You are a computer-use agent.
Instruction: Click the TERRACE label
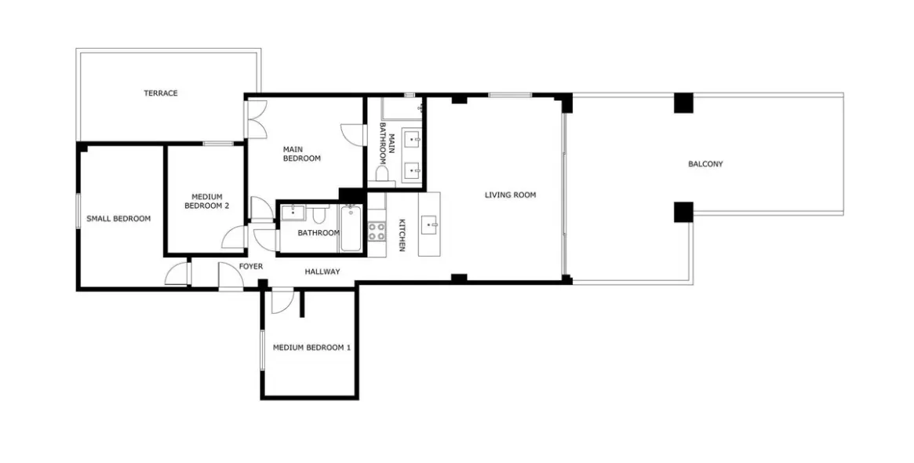[x=160, y=93]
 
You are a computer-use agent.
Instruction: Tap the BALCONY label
[x=705, y=165]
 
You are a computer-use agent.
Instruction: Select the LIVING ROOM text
[x=510, y=195]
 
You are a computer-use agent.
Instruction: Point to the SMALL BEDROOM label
[x=118, y=219]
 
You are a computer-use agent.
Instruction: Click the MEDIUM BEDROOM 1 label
[x=311, y=348]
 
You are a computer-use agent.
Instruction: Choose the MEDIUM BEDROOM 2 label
[x=206, y=202]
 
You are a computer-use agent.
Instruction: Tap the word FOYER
[x=251, y=267]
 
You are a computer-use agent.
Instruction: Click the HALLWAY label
[x=322, y=272]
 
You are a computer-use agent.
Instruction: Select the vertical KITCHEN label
[x=401, y=235]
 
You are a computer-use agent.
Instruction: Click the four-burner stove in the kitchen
[x=377, y=231]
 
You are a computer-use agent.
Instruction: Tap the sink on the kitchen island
[x=429, y=225]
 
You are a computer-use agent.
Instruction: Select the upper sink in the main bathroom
[x=413, y=140]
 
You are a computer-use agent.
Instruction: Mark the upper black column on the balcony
[x=683, y=103]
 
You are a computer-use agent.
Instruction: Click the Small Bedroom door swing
[x=178, y=274]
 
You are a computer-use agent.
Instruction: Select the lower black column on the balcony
[x=683, y=212]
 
